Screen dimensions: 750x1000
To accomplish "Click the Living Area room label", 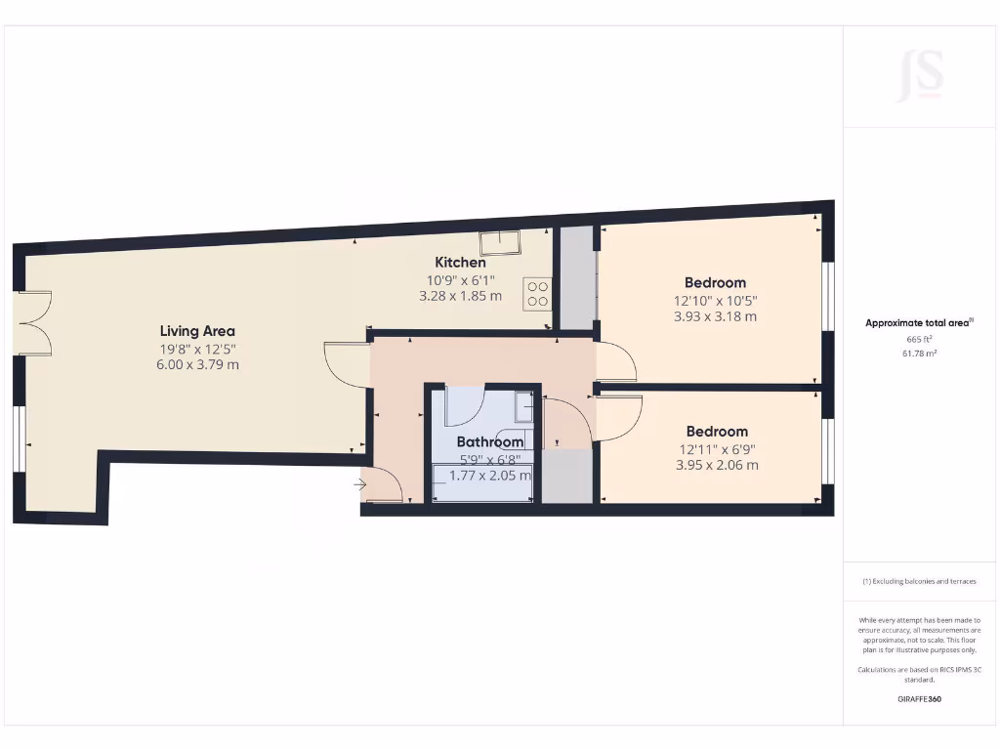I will (x=197, y=331).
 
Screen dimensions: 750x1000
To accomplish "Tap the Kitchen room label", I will (x=460, y=262).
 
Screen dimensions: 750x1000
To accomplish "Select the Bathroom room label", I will (x=490, y=441).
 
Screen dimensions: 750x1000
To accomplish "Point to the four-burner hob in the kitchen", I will (x=537, y=294).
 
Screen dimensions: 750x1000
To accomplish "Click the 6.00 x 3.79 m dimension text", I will (x=197, y=365).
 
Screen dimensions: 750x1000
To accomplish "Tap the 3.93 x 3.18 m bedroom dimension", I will (x=715, y=316).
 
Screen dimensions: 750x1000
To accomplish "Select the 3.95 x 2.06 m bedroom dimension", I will (x=717, y=465).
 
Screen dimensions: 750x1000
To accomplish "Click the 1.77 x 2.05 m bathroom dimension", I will (x=490, y=476).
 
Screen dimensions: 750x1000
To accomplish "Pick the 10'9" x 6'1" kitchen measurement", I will (x=460, y=279).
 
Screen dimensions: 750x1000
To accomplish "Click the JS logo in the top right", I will (x=919, y=76).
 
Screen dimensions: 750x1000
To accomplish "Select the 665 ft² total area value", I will (x=919, y=339).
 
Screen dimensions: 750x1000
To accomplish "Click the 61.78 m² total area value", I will (x=919, y=354).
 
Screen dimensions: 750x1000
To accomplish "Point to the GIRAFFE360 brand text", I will (x=919, y=699).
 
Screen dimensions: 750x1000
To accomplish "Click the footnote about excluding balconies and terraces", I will (x=919, y=581).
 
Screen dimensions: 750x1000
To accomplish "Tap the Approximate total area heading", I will (x=919, y=322).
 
